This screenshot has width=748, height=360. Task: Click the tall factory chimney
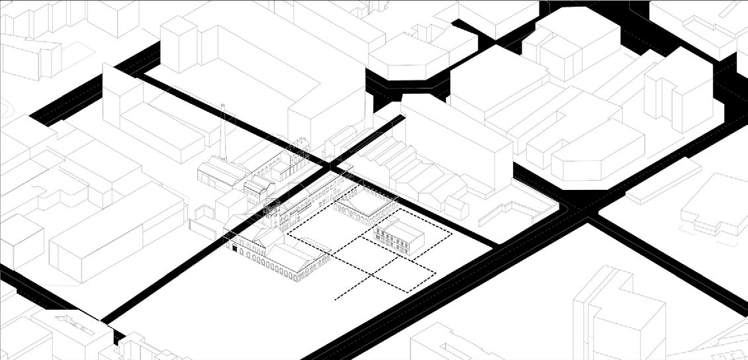point(226,135)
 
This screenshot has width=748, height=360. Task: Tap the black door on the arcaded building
point(234,249)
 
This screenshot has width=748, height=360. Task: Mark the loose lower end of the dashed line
point(336,300)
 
